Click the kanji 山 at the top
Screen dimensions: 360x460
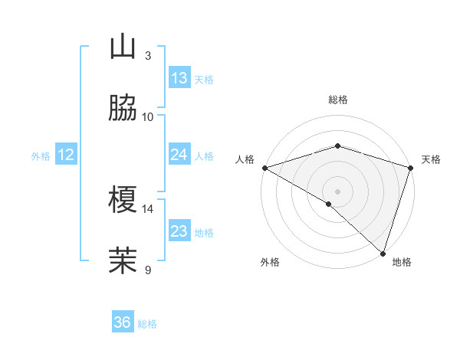tap(123, 48)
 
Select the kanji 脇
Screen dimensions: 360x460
tap(123, 109)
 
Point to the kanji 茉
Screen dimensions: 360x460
tap(123, 260)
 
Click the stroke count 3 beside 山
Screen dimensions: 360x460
tap(148, 56)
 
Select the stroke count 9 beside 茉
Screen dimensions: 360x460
tap(148, 269)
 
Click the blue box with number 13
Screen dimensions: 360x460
tap(179, 78)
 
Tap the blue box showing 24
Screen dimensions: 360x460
tap(179, 155)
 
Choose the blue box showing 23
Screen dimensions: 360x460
tap(179, 231)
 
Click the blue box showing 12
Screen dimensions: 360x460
tap(66, 155)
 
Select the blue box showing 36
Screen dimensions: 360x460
tap(123, 322)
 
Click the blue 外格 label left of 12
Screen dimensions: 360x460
tap(41, 155)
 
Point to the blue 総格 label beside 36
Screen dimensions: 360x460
tap(147, 324)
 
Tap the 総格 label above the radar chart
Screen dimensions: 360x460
tap(338, 100)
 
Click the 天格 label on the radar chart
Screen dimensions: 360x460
tap(431, 159)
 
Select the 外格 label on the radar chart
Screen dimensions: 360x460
tap(270, 262)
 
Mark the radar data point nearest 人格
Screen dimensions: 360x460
tap(264, 168)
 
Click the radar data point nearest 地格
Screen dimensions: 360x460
tap(383, 253)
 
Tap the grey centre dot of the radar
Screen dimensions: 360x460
tap(338, 191)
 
